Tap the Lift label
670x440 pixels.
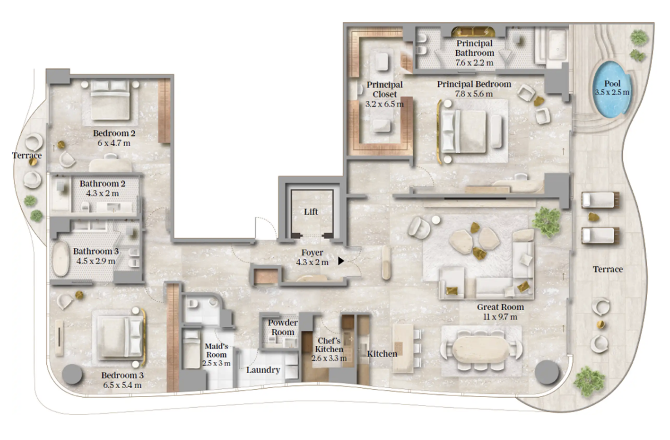[x=311, y=212]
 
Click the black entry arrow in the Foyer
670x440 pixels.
[x=341, y=261]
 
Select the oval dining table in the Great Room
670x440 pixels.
[x=480, y=349]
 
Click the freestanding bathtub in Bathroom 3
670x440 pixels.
[x=61, y=259]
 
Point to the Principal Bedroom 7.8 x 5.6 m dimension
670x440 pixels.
[x=474, y=94]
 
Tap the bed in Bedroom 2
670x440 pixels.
[x=110, y=100]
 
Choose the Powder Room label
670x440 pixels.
[x=283, y=327]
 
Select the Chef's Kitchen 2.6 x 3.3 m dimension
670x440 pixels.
[x=329, y=358]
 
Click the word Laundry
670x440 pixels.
[x=263, y=370]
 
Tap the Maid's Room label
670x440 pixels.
[x=216, y=350]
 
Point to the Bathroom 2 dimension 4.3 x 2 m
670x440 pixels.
[x=102, y=194]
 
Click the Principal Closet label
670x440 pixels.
[x=385, y=90]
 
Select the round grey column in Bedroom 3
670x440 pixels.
[x=72, y=374]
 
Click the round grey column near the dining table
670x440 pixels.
[x=547, y=372]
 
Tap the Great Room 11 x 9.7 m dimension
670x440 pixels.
[x=500, y=317]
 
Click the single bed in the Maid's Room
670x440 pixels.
[x=191, y=349]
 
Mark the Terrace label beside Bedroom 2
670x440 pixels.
[x=27, y=155]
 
